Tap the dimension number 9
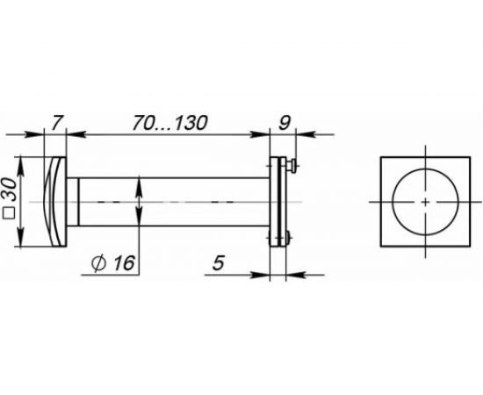tap(285, 123)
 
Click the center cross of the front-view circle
tap(425, 203)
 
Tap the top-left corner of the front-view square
tap(381, 159)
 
